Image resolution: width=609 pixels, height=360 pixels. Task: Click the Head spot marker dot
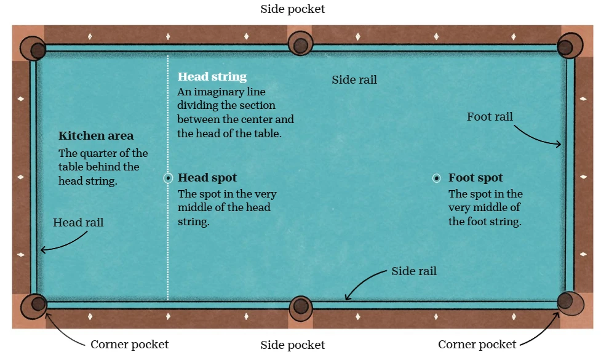pyautogui.click(x=168, y=178)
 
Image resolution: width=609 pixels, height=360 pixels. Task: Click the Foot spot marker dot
pyautogui.click(x=436, y=178)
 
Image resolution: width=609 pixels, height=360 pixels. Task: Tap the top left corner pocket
pyautogui.click(x=34, y=49)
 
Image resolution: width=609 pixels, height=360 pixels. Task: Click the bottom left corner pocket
pyautogui.click(x=35, y=304)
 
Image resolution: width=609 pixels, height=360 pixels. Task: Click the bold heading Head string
pyautogui.click(x=212, y=77)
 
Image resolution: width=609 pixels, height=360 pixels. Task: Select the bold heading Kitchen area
pyautogui.click(x=96, y=136)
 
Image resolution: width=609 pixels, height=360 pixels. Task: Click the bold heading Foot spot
pyautogui.click(x=476, y=178)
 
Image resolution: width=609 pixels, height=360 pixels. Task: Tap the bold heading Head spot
pyautogui.click(x=207, y=178)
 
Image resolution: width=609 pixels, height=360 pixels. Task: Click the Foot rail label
pyautogui.click(x=490, y=117)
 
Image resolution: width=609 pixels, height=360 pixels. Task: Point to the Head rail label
pyautogui.click(x=78, y=223)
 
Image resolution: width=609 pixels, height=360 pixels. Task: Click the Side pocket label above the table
pyautogui.click(x=293, y=9)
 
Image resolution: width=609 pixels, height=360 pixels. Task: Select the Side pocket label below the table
pyautogui.click(x=293, y=345)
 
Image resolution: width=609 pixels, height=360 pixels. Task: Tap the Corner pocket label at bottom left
pyautogui.click(x=129, y=345)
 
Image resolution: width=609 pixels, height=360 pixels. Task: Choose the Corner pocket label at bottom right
pyautogui.click(x=477, y=345)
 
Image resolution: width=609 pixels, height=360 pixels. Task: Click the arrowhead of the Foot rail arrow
pyautogui.click(x=559, y=144)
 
